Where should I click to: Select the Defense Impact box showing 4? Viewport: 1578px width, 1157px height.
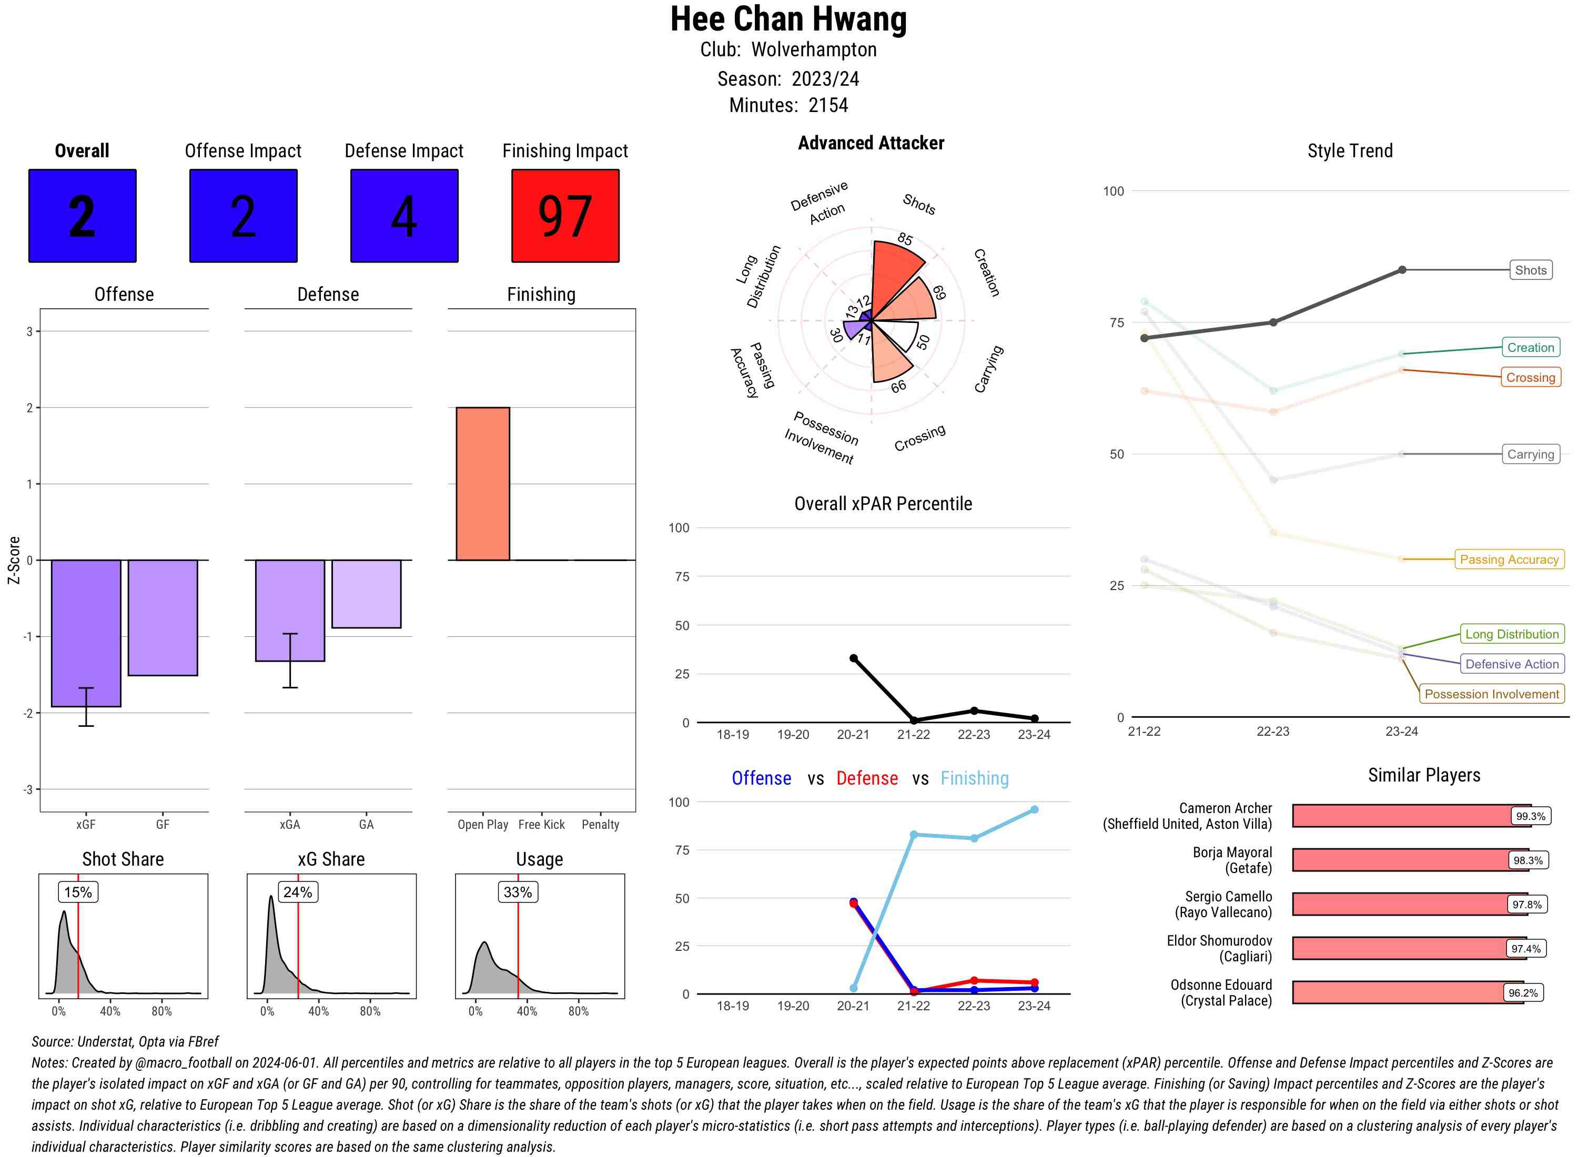point(404,216)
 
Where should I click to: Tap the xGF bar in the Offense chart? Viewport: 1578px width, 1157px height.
point(86,633)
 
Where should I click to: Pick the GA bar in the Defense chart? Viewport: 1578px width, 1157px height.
point(366,593)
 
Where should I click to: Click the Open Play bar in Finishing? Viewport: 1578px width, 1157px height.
point(482,483)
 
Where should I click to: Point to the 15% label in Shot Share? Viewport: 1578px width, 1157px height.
point(78,891)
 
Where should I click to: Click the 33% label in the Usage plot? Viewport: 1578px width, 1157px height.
point(518,891)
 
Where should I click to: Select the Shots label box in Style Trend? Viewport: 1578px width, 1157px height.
point(1530,270)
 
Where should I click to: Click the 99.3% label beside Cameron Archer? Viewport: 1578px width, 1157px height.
point(1530,816)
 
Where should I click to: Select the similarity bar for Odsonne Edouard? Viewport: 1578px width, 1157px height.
point(1408,992)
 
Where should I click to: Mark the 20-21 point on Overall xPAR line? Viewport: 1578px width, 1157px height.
point(853,658)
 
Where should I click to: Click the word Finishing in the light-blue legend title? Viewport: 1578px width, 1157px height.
point(974,778)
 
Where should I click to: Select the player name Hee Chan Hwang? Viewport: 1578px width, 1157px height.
point(788,19)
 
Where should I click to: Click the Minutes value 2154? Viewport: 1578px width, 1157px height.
point(828,105)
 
